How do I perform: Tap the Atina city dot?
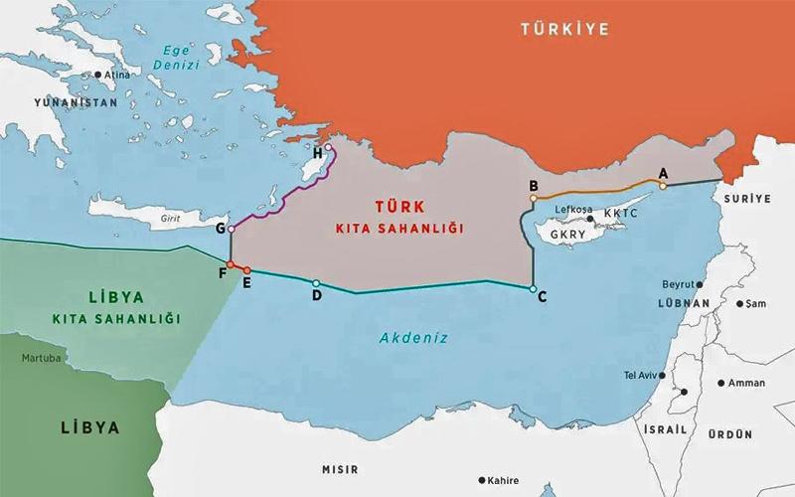tap(98, 74)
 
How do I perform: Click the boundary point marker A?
tap(663, 185)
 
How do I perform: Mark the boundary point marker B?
tap(534, 198)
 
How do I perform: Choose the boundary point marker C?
tap(534, 288)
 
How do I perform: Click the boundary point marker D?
tap(316, 283)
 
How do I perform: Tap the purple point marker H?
tap(329, 148)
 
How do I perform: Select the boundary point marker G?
tap(232, 230)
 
